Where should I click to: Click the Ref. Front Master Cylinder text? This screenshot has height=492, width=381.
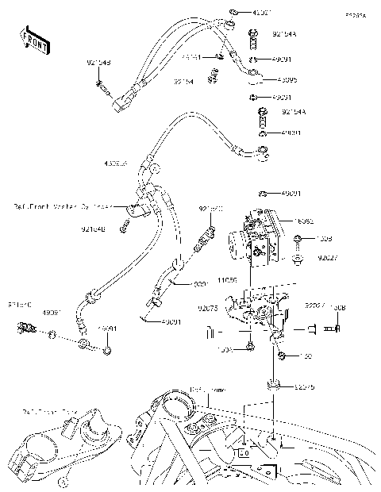pyautogui.click(x=63, y=206)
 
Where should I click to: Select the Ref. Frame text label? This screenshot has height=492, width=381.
pyautogui.click(x=208, y=390)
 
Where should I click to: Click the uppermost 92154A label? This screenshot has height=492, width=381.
pyautogui.click(x=284, y=35)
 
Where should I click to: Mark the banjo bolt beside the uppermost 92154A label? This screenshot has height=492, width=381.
pyautogui.click(x=253, y=35)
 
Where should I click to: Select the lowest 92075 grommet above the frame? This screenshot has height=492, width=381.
pyautogui.click(x=274, y=386)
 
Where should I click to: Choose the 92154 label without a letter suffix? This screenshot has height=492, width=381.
pyautogui.click(x=184, y=81)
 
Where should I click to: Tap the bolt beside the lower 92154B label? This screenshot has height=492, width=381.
pyautogui.click(x=124, y=230)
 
